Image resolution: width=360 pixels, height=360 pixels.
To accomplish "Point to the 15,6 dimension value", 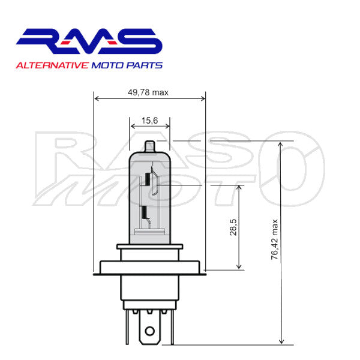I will click(x=149, y=121).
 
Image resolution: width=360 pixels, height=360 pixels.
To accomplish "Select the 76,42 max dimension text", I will click(x=275, y=241).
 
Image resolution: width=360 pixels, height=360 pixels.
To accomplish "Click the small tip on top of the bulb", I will click(x=150, y=146).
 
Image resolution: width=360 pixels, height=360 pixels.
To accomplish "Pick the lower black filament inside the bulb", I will click(x=144, y=212).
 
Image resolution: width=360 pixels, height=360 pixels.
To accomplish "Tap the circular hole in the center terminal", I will click(x=149, y=330).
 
